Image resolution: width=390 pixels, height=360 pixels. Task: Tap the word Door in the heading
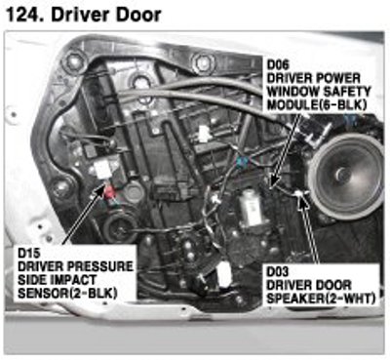[x=141, y=15]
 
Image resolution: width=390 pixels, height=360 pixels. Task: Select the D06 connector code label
[x=278, y=64]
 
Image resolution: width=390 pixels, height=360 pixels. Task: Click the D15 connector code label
[x=29, y=253]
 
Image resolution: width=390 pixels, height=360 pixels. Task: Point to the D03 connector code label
[x=278, y=272]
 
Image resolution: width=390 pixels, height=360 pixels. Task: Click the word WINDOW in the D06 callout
[x=288, y=92]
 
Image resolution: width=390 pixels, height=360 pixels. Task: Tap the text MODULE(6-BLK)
[x=317, y=104]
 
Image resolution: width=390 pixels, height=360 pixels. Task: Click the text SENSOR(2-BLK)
[x=67, y=293]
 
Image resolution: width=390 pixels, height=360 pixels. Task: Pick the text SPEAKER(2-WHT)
[x=321, y=299]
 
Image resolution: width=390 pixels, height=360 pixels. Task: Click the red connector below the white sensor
[x=109, y=192]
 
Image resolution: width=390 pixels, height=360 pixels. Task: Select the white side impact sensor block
[x=102, y=170]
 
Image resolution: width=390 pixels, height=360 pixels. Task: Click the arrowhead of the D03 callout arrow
[x=301, y=199]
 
